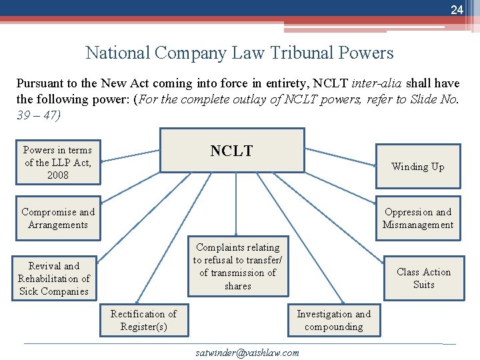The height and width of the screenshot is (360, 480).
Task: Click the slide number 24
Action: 457,9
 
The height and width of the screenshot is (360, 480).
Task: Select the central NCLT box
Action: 231,151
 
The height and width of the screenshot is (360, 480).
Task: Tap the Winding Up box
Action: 417,167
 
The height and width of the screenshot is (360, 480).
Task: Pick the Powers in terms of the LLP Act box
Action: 58,162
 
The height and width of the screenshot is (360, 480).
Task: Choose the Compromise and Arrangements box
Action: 58,219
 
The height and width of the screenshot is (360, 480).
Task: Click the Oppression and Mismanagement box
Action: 417,219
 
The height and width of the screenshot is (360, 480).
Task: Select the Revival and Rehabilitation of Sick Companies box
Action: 54,279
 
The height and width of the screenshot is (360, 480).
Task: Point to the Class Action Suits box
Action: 423,278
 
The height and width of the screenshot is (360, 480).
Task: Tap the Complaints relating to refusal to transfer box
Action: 238,266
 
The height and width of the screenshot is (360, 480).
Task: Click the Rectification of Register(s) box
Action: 143,320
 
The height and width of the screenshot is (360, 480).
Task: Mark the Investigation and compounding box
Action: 333,320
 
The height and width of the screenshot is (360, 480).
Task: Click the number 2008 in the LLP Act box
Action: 58,175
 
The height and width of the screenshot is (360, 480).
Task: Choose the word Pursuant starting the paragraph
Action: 38,83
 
